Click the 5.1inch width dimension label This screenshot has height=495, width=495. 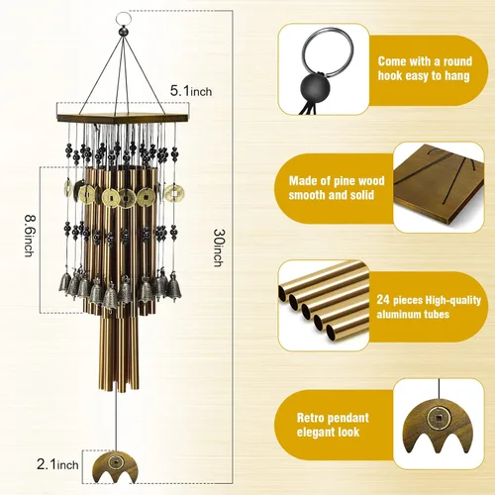click(x=191, y=91)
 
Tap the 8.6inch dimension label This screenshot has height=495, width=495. click(x=30, y=236)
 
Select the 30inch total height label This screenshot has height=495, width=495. click(x=219, y=247)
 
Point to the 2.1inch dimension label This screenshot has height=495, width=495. click(x=57, y=464)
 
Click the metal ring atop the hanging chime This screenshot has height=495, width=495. click(x=123, y=17)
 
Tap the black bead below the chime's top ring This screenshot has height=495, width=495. click(x=124, y=32)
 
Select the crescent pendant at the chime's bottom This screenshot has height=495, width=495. click(x=115, y=464)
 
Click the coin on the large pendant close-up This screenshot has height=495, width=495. click(x=439, y=418)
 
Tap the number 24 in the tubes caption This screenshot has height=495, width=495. click(x=383, y=300)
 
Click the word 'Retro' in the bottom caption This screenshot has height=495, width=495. click(x=311, y=418)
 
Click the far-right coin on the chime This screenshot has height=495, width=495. click(x=174, y=192)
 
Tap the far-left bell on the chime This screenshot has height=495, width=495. click(x=65, y=282)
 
